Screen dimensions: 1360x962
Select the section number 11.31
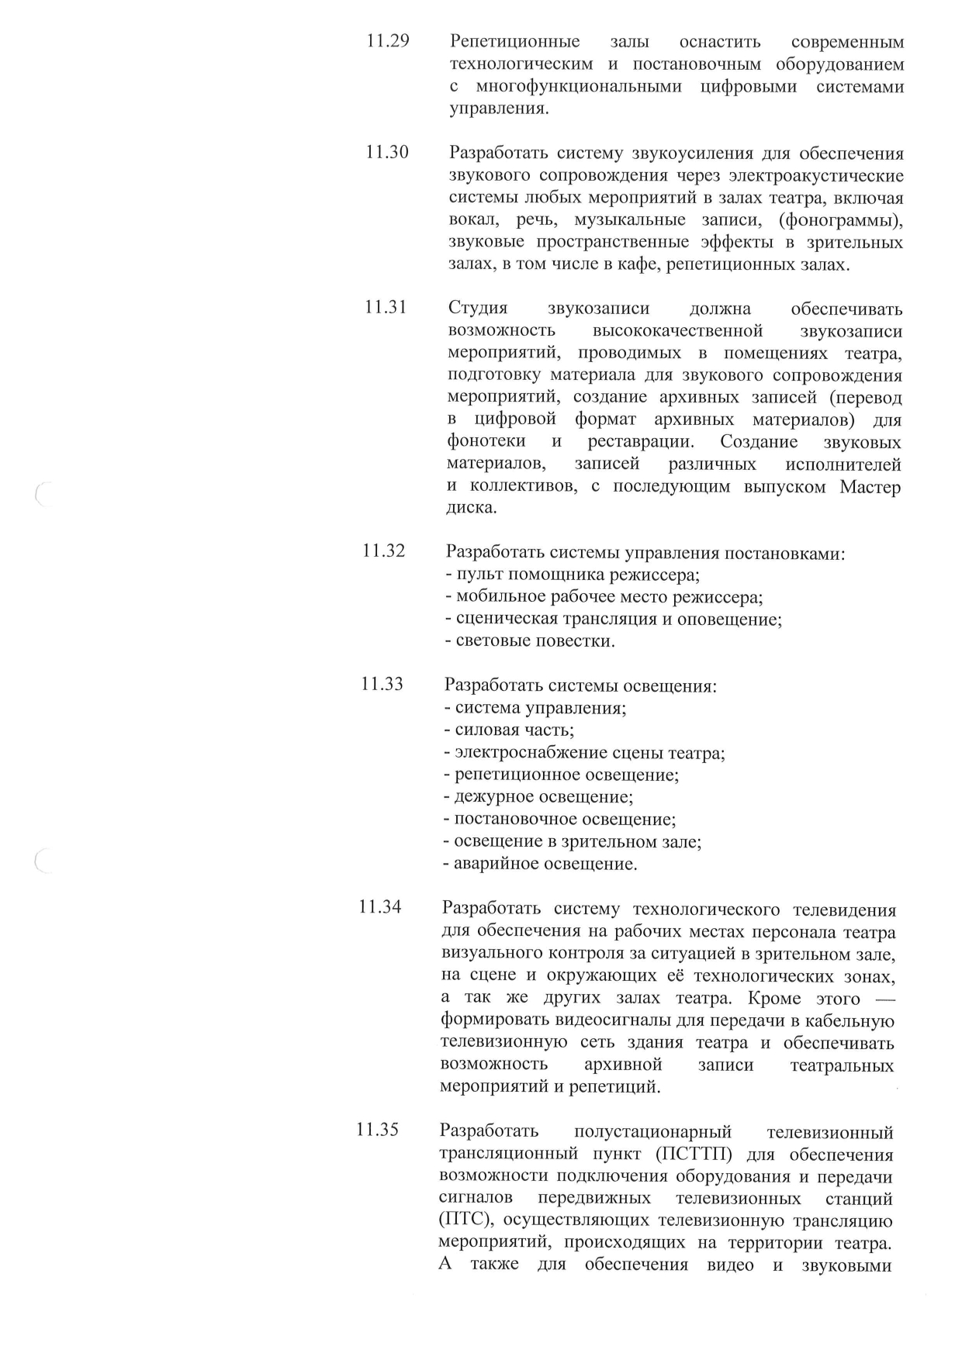pos(386,307)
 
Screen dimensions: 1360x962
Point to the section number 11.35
pos(377,1130)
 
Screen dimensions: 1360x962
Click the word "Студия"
pos(478,309)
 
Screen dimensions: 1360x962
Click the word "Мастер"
pos(871,487)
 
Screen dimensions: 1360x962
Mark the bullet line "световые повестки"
pos(530,641)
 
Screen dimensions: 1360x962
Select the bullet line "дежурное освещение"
pos(538,797)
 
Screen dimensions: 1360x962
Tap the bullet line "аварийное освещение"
pos(540,864)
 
